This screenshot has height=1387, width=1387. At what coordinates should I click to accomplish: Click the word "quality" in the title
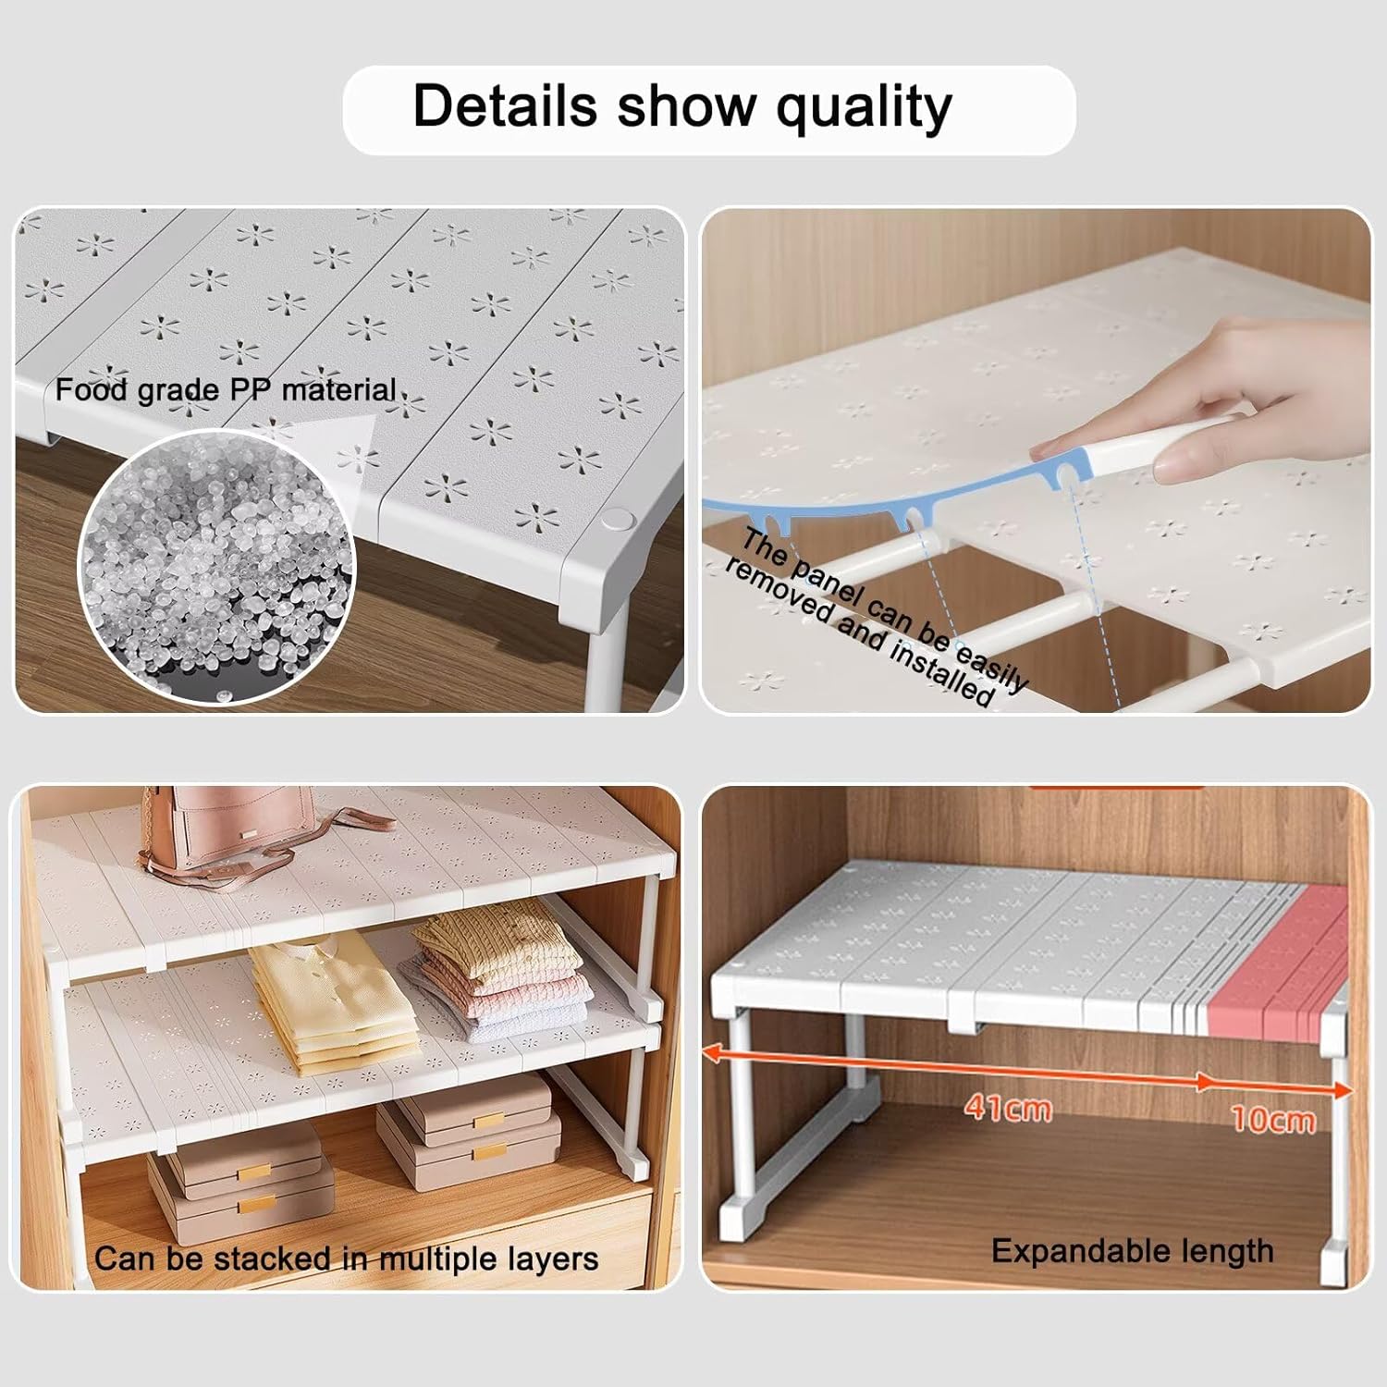click(x=864, y=108)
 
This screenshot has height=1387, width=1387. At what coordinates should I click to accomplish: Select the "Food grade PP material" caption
click(x=227, y=390)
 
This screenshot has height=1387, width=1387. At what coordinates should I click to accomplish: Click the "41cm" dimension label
click(x=1008, y=1107)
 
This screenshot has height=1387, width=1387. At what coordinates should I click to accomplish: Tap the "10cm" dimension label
click(x=1273, y=1120)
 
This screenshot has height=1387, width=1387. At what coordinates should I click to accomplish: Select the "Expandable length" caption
click(x=1133, y=1251)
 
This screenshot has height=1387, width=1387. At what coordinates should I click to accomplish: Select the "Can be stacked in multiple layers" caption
click(x=346, y=1258)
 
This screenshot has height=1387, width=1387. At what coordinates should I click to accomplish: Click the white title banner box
click(x=709, y=109)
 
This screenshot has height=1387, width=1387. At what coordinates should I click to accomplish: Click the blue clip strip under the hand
click(x=888, y=504)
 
